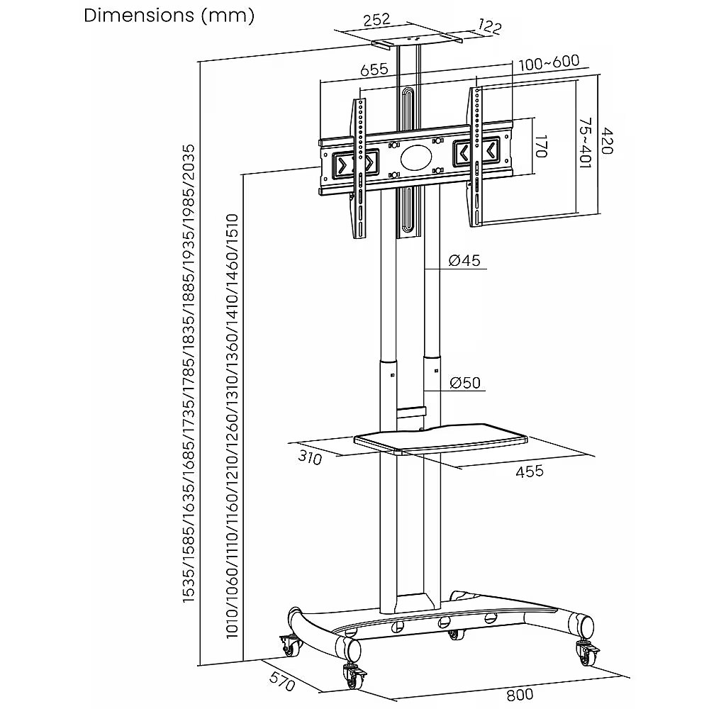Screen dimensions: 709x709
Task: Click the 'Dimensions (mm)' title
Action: tap(169, 16)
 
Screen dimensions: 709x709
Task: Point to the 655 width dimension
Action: tap(374, 69)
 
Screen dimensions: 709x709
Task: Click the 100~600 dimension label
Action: tap(549, 62)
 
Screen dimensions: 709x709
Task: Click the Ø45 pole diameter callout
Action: tap(464, 261)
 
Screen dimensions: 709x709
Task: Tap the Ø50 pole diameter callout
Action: tap(465, 383)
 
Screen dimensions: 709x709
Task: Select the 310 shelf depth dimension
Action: tap(310, 459)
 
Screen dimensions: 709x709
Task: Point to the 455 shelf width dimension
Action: tap(530, 471)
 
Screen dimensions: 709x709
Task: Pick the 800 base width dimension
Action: tap(520, 695)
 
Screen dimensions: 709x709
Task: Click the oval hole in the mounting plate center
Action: tap(415, 157)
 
